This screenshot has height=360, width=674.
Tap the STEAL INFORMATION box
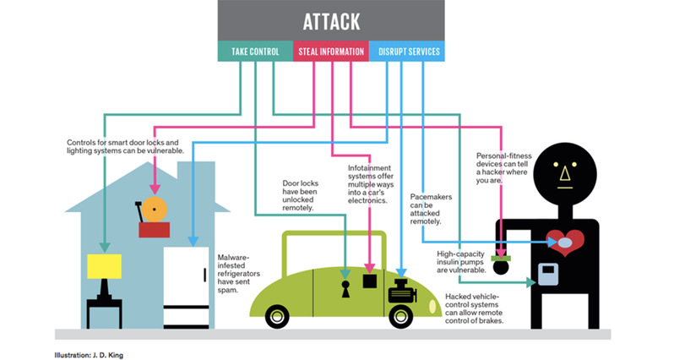[x=331, y=52]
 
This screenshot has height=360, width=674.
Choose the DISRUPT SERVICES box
[x=405, y=52]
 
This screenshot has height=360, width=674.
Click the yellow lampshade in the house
[x=105, y=265]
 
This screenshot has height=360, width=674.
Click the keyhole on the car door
[x=345, y=289]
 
